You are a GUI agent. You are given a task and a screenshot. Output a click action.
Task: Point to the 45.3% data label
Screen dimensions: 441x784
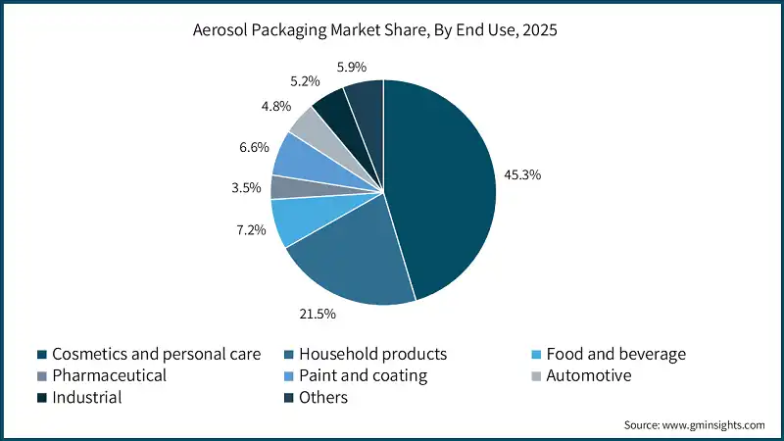[523, 175]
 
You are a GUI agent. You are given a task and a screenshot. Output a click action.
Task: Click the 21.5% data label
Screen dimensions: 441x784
[318, 314]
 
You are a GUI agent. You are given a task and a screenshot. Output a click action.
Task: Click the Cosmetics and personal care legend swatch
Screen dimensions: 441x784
[40, 354]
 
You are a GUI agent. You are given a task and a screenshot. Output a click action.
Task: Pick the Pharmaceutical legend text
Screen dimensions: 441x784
[109, 375]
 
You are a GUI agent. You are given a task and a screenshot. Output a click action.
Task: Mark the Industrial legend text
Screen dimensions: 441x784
[87, 398]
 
